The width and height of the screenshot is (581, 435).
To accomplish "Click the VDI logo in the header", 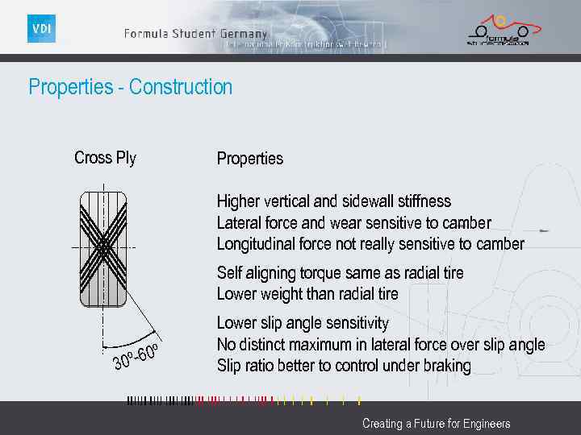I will click(41, 28).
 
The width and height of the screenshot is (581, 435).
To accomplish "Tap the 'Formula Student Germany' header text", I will click(195, 34).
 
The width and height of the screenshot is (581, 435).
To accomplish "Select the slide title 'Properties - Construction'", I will click(130, 87).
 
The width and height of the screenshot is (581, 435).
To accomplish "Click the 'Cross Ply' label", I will click(105, 158).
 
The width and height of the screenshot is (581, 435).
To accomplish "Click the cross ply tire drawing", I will click(103, 247).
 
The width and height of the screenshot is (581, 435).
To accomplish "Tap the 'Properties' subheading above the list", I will click(249, 159).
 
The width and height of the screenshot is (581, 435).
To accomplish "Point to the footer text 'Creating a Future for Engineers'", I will click(436, 424).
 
